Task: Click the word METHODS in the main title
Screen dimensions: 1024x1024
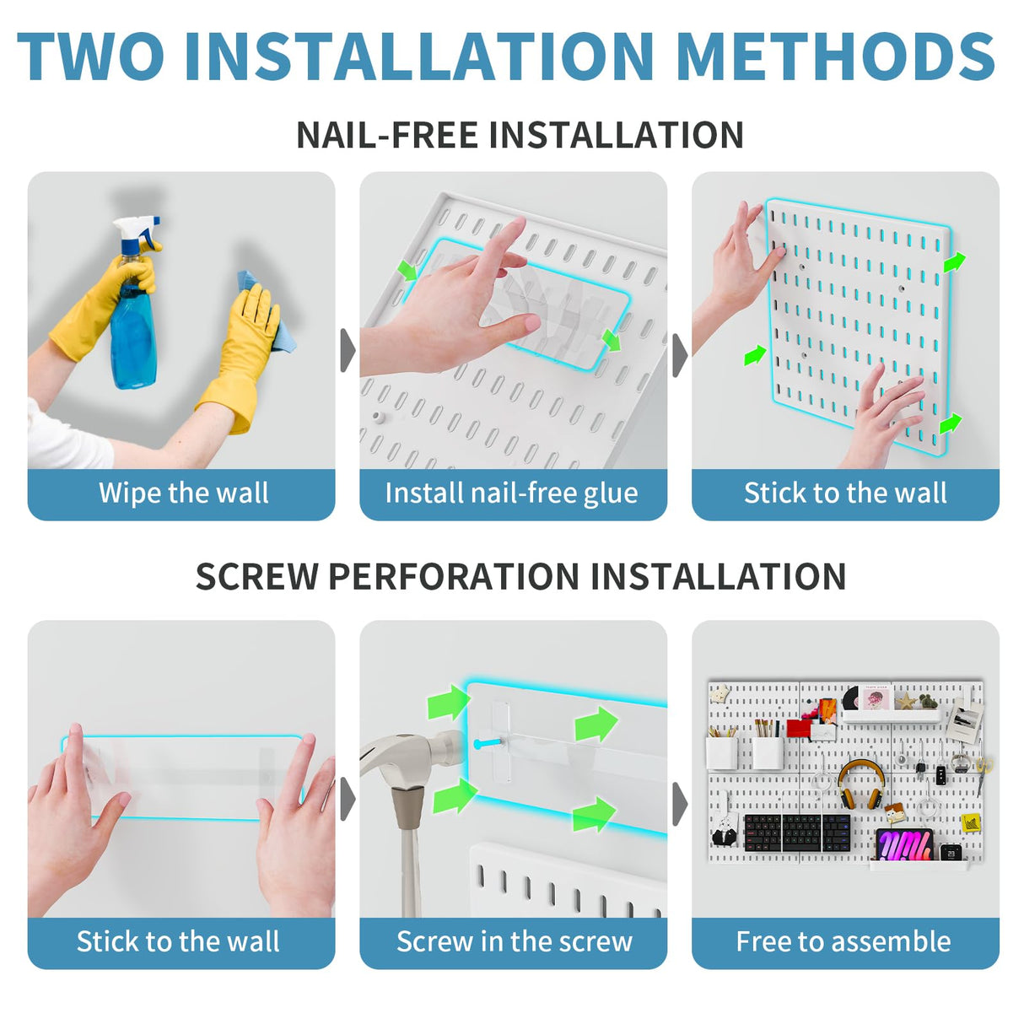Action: click(835, 57)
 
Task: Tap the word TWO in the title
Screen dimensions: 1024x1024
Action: click(91, 57)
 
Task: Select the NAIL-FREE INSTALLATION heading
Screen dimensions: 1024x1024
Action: click(520, 135)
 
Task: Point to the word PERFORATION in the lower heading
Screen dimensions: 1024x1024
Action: click(458, 577)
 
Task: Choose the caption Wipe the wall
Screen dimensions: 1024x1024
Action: click(183, 493)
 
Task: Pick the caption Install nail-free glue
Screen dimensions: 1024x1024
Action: click(511, 493)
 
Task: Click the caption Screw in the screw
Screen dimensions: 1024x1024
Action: click(514, 941)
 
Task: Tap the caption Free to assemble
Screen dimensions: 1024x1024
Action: click(843, 941)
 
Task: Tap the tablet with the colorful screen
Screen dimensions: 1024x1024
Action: click(904, 844)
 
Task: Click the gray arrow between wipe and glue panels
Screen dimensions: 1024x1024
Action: click(347, 350)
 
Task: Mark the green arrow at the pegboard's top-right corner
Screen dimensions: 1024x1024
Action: click(954, 262)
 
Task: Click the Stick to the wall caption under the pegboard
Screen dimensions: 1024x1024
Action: click(845, 493)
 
